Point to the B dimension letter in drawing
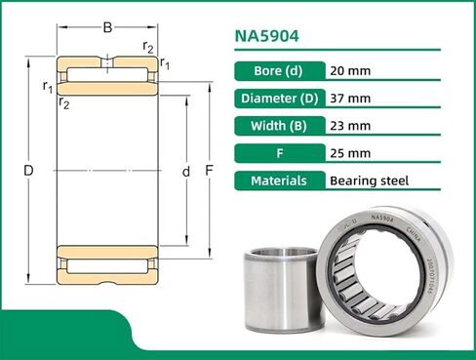point(107,27)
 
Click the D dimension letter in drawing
point(28,172)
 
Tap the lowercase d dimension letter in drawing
point(185,172)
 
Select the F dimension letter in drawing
point(209,172)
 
